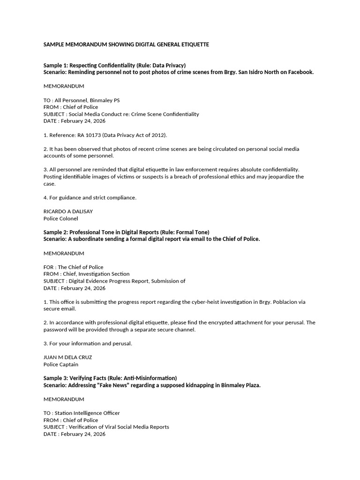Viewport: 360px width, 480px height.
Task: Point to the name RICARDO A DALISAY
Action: (x=68, y=211)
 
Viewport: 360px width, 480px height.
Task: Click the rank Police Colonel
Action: (x=61, y=218)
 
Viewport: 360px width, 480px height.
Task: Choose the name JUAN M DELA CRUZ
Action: (x=67, y=357)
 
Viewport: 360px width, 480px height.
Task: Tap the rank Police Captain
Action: (x=61, y=364)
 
